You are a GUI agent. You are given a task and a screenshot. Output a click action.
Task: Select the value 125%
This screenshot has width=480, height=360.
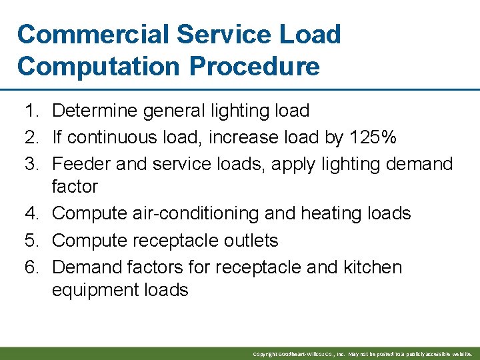point(372,137)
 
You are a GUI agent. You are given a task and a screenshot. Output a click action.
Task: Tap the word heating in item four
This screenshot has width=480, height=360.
point(328,213)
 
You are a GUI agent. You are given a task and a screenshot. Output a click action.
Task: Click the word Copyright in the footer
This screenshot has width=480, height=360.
point(265,353)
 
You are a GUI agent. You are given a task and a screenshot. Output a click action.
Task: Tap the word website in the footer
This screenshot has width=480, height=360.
point(461,353)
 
